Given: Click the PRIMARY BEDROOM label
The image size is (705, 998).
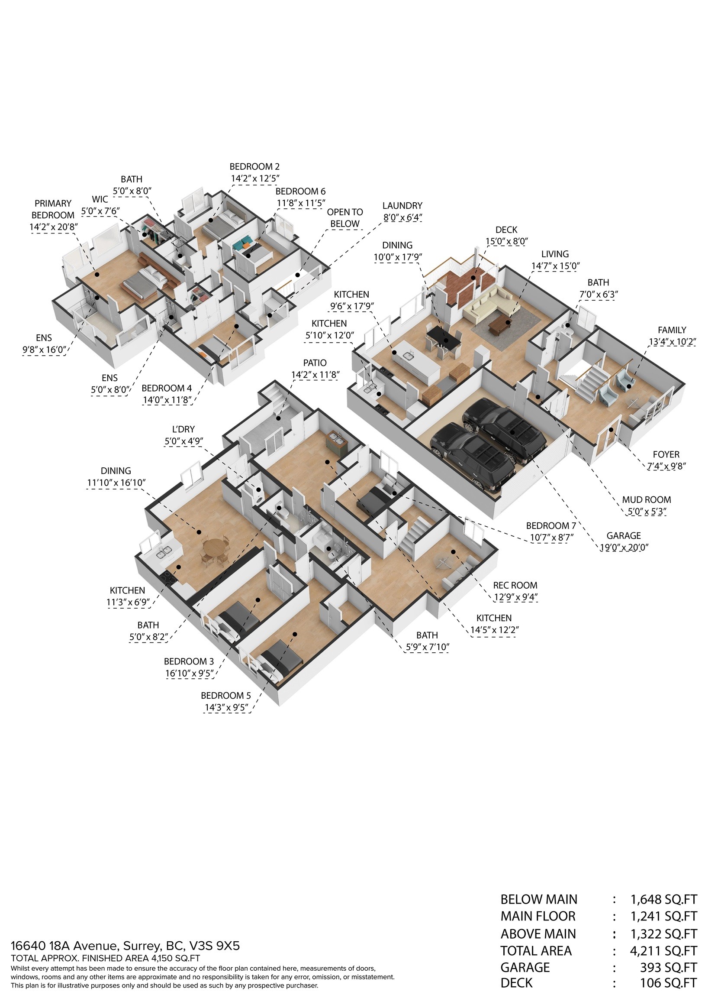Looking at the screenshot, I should coord(53,209).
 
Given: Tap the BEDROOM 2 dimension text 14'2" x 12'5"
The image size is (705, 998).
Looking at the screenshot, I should coord(255,178).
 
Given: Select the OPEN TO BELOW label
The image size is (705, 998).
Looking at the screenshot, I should coord(345,218).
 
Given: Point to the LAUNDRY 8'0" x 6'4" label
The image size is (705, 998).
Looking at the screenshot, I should coord(402,212).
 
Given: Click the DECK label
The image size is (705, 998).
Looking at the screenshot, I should coord(506,230).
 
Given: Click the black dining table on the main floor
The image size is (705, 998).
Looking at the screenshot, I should coord(443,337).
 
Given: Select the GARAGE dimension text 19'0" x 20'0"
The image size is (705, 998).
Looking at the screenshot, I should coord(624,548).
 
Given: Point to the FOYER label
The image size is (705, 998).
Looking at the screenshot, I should coord(666,454).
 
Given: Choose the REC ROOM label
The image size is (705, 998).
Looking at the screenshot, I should coord(515,585).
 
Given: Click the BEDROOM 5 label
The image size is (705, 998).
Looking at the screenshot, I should coord(225,696).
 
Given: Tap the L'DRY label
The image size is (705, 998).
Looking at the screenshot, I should coord(183,429).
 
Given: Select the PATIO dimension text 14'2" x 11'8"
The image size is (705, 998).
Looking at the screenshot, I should coord(315,375).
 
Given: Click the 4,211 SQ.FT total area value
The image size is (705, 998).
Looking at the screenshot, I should coord(663,951).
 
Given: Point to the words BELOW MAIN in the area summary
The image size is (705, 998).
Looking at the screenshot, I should coord(539,899).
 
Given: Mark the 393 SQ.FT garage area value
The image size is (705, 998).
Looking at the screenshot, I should coord(668,968).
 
